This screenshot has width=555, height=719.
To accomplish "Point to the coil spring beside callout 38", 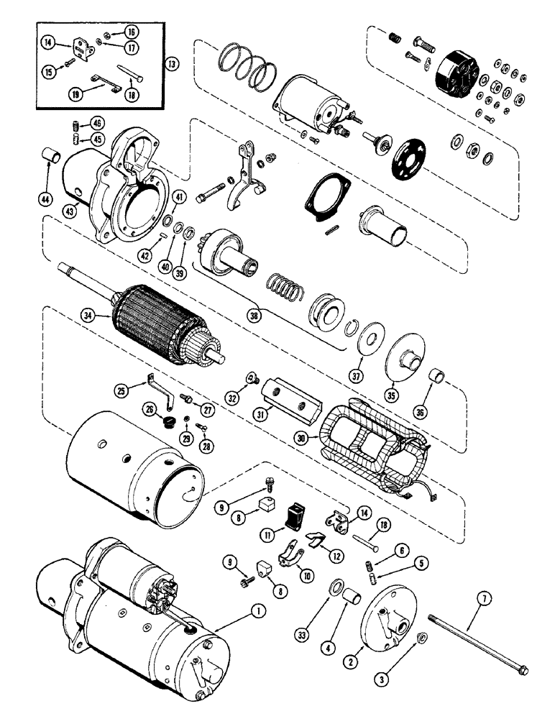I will point(282,289).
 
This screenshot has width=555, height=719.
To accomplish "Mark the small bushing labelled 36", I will point(436,377).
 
